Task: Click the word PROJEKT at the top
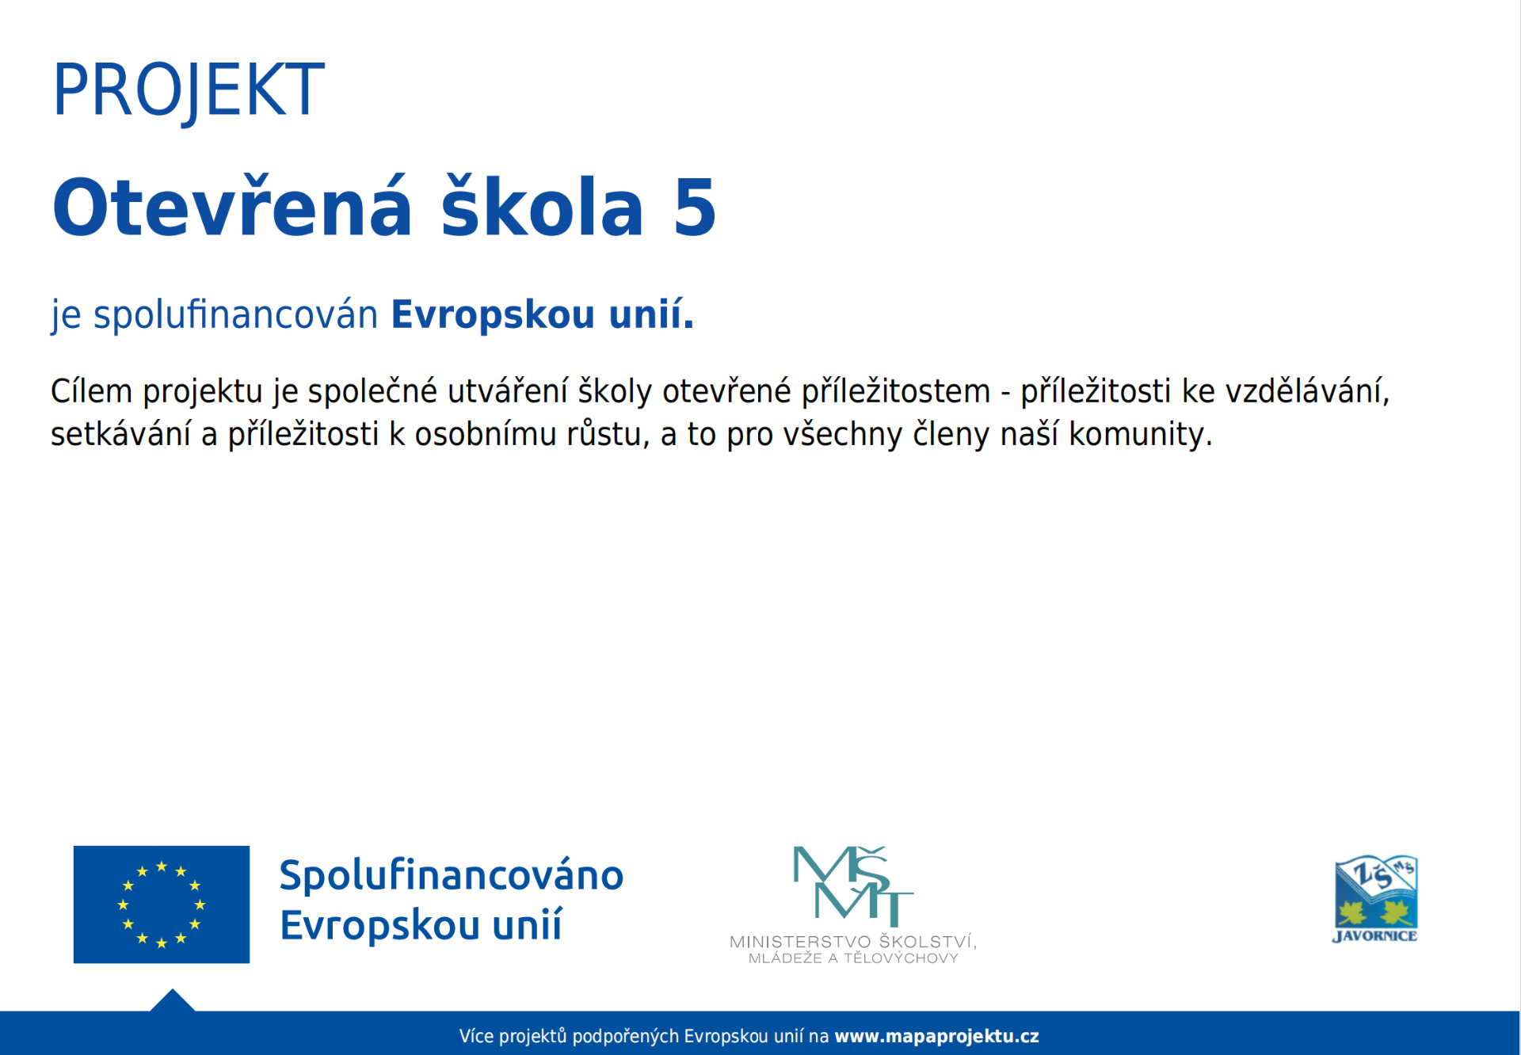pyautogui.click(x=189, y=91)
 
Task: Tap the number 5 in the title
pyautogui.click(x=695, y=208)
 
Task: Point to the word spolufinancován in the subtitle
pyautogui.click(x=236, y=315)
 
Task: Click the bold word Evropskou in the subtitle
pyautogui.click(x=493, y=315)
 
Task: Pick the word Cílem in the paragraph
pyautogui.click(x=91, y=391)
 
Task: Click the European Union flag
pyautogui.click(x=162, y=905)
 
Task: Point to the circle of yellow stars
pyautogui.click(x=162, y=905)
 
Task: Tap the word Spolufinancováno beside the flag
pyautogui.click(x=452, y=876)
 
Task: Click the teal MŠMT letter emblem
pyautogui.click(x=853, y=886)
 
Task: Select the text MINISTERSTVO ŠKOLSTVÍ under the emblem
pyautogui.click(x=853, y=942)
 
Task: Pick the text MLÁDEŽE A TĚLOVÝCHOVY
pyautogui.click(x=853, y=958)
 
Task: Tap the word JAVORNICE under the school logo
pyautogui.click(x=1375, y=936)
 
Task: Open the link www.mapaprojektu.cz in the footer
pyautogui.click(x=936, y=1036)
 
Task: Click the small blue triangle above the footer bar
pyautogui.click(x=173, y=1002)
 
